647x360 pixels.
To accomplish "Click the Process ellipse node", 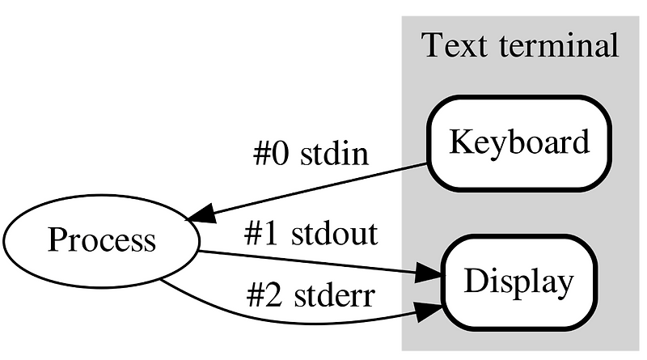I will tap(101, 241).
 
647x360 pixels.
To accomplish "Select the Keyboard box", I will tap(518, 143).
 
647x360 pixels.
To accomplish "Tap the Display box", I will tap(518, 282).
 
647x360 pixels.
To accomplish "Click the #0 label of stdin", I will tap(273, 154).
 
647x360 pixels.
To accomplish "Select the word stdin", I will tap(335, 154).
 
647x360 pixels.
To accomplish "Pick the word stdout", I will tap(334, 235).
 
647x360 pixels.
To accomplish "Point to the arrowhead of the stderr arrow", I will tap(428, 311).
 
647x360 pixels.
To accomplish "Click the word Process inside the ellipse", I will tap(101, 241).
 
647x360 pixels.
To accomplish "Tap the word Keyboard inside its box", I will tap(518, 143).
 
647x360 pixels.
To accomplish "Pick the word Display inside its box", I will tap(518, 282).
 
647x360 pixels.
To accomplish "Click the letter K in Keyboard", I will tap(459, 143).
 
